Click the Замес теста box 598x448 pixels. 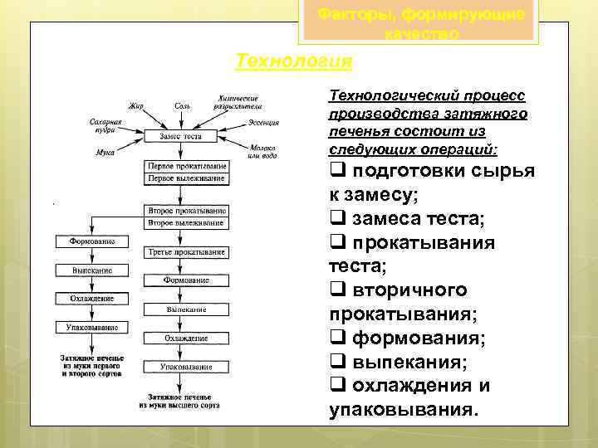click(x=180, y=135)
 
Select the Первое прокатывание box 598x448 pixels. click(x=186, y=166)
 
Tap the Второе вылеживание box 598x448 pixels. click(x=185, y=223)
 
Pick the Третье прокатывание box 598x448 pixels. click(x=186, y=251)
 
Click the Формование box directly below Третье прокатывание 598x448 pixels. click(x=186, y=280)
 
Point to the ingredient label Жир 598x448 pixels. click(x=135, y=105)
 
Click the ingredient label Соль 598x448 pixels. click(x=182, y=105)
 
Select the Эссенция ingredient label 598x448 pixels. click(x=263, y=123)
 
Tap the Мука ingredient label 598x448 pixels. click(x=105, y=153)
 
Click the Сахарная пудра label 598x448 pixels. click(x=105, y=125)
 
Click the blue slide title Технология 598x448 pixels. click(x=294, y=61)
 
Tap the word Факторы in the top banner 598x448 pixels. click(x=355, y=14)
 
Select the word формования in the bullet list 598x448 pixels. click(x=419, y=338)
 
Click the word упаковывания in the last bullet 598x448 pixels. click(x=404, y=410)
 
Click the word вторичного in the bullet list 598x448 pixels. click(x=409, y=290)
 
